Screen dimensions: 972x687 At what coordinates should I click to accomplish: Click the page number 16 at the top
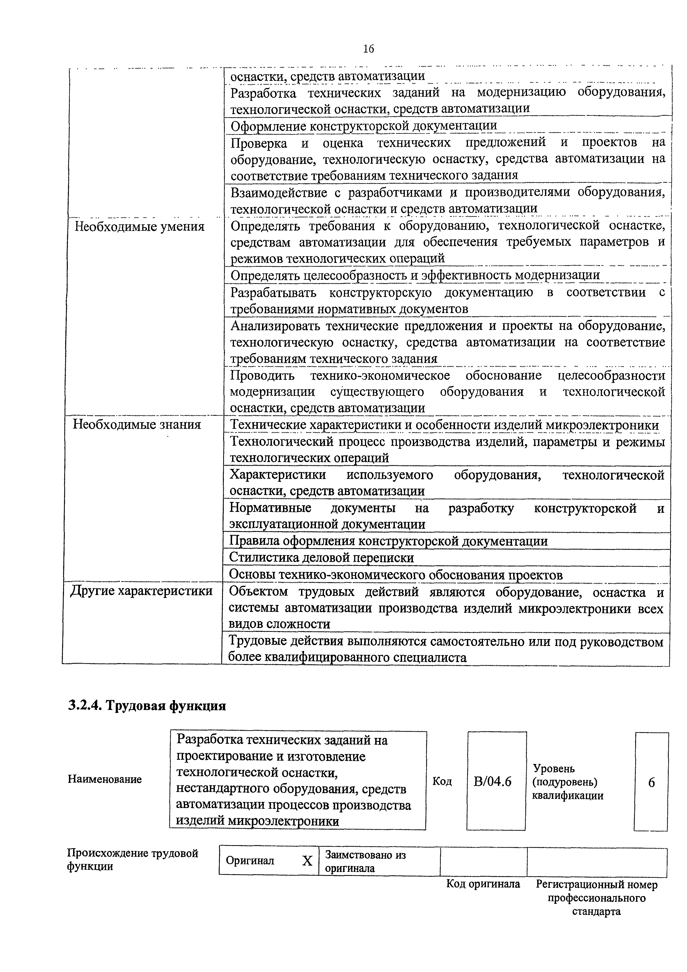coord(368,49)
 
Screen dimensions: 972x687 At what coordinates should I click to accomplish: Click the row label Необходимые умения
coord(139,227)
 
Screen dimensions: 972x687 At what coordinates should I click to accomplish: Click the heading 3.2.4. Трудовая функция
coord(147,706)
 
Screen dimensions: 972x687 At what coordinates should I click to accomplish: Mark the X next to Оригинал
coord(307,861)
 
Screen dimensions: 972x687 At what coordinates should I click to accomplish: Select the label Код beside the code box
coord(442,781)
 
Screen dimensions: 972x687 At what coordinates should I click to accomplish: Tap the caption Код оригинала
coord(483,884)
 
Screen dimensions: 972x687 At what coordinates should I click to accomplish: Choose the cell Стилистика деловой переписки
coord(321,558)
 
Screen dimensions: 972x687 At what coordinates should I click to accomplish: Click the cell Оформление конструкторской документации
coord(364,126)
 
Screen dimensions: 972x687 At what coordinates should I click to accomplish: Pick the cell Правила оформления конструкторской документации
coord(388,541)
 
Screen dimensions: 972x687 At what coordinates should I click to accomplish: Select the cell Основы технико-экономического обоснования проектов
coord(395,575)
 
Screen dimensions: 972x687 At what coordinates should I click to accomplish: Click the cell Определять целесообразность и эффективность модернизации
coord(415,275)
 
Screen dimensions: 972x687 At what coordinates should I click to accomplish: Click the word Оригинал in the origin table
coord(250,861)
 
